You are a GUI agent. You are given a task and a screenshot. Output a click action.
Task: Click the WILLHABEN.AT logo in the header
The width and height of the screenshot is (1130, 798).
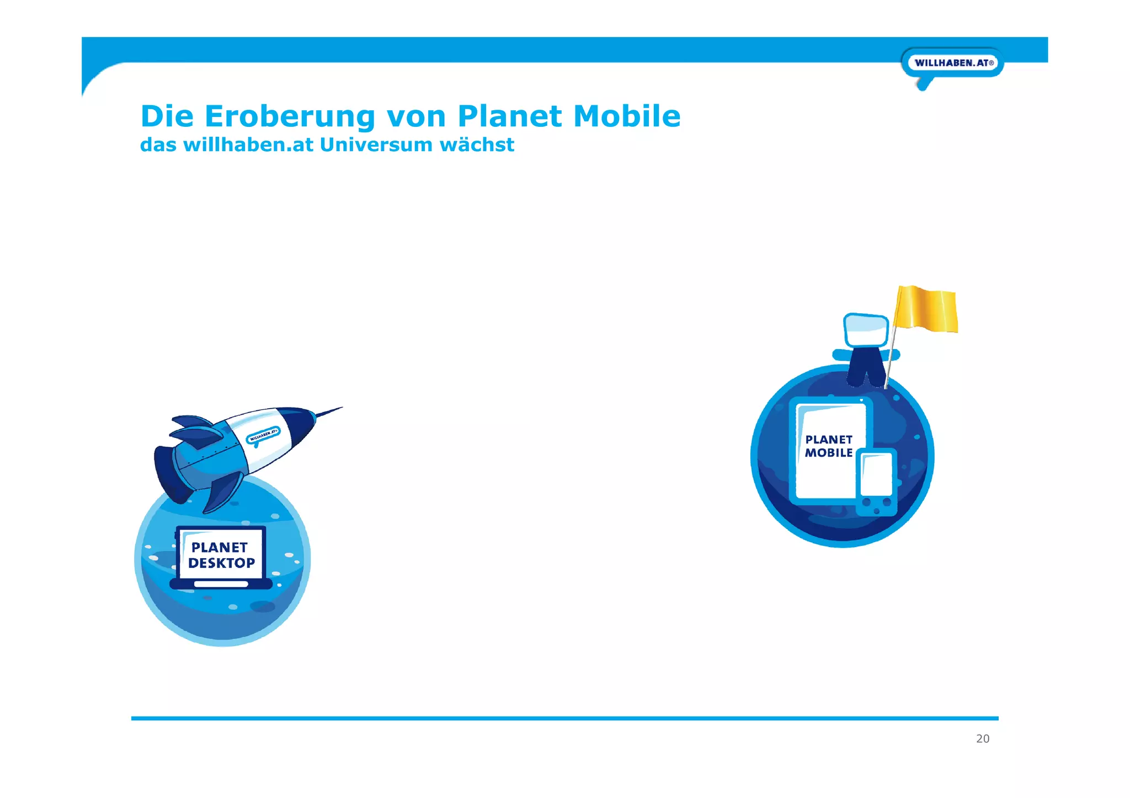(x=953, y=63)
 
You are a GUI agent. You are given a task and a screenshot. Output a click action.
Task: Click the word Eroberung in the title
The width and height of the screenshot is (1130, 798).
(x=290, y=116)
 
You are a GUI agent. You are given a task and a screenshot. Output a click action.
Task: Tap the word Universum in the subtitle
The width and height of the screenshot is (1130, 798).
(x=376, y=145)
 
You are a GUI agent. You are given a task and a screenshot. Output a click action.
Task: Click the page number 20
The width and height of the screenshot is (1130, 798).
(x=983, y=739)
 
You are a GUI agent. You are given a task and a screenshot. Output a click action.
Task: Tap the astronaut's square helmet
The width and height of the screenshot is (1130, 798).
(x=866, y=330)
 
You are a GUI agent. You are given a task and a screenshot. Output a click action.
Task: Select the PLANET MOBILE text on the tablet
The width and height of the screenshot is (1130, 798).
(x=829, y=446)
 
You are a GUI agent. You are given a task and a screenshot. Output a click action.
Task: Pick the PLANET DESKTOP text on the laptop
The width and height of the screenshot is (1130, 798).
(x=221, y=555)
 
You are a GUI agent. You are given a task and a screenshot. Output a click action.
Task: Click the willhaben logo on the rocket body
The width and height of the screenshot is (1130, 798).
(x=263, y=436)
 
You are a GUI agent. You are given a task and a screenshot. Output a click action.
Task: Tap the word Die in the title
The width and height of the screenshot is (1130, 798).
(x=167, y=116)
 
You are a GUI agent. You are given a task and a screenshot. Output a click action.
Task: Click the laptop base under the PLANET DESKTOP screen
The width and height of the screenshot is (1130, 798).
(x=221, y=583)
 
